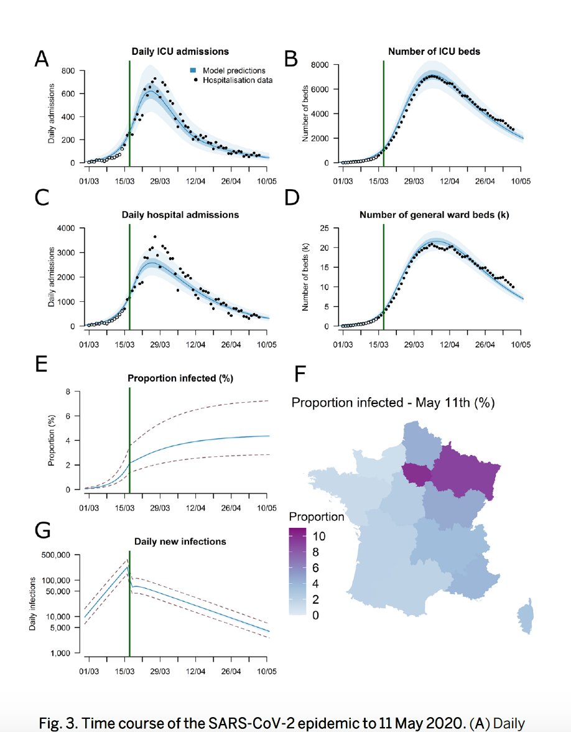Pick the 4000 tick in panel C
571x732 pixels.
pos(66,228)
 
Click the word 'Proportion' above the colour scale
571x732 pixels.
pos(317,517)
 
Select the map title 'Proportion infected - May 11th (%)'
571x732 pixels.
pos(392,402)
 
